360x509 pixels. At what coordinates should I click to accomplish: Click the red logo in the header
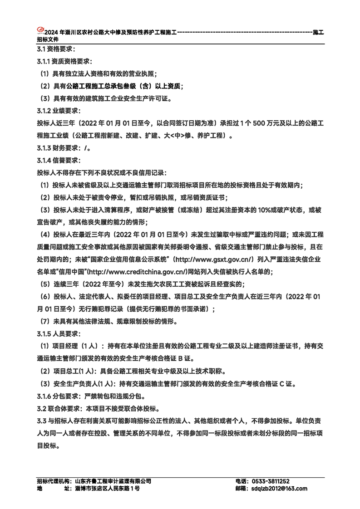40,30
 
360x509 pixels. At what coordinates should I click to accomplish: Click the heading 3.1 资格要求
56,49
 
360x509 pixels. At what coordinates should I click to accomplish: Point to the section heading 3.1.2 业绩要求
59,110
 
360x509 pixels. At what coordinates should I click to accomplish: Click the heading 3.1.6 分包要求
59,396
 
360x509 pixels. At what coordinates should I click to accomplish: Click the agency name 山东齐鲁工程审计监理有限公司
113,481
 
